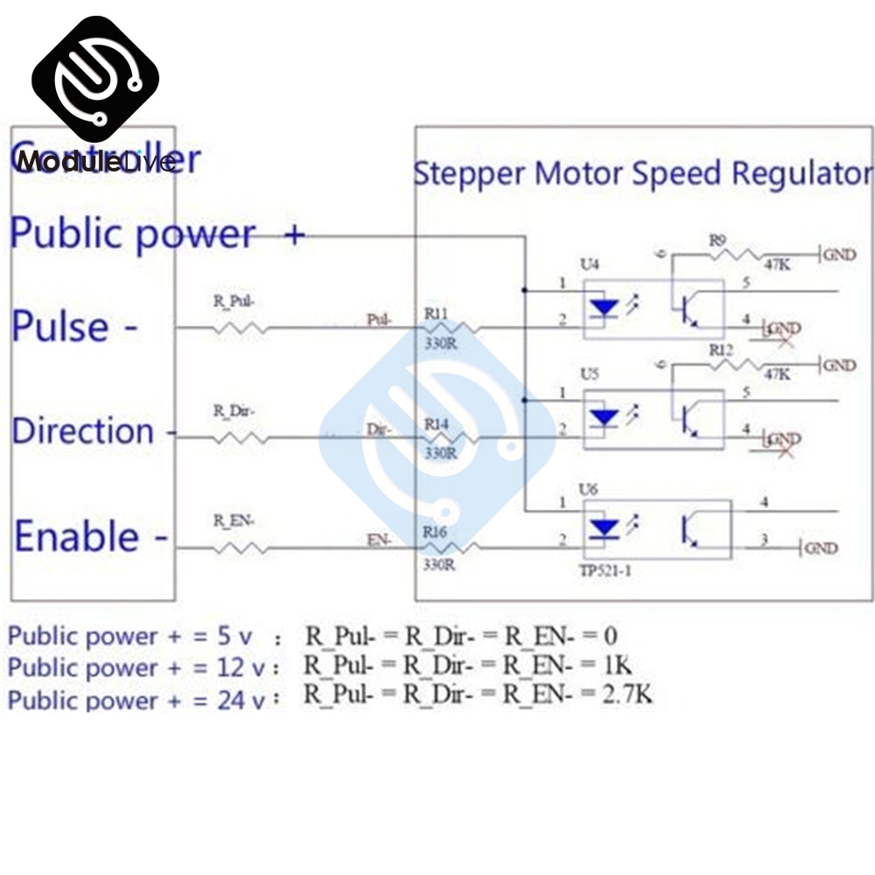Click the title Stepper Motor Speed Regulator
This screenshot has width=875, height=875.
[x=643, y=173]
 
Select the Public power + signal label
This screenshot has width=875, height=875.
[x=157, y=234]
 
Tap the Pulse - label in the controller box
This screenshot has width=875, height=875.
[x=75, y=326]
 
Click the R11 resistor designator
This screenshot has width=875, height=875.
[x=437, y=311]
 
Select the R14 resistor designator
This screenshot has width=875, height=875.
[x=437, y=423]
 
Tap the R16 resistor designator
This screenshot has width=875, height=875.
[x=437, y=531]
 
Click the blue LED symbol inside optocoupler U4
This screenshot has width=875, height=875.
[x=605, y=308]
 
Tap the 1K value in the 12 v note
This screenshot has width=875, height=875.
[x=616, y=666]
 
